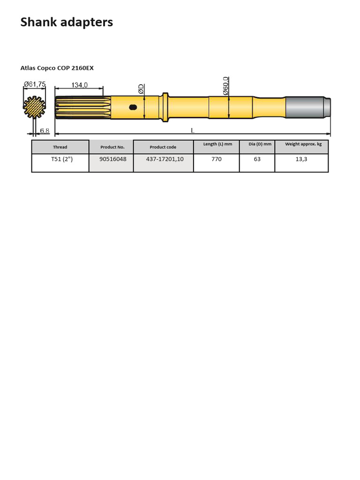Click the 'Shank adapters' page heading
(x=67, y=22)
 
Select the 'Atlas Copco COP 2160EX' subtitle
(x=57, y=68)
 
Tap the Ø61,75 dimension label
(x=35, y=84)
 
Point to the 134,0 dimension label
(x=80, y=85)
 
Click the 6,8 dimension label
(x=45, y=130)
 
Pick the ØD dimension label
(x=141, y=89)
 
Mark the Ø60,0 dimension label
(x=225, y=86)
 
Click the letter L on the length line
(x=193, y=130)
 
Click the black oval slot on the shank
(x=133, y=107)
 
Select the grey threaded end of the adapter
(x=307, y=107)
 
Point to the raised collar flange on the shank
(x=165, y=107)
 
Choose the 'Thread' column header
(x=60, y=147)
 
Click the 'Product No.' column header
(x=112, y=147)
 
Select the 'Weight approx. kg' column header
(x=303, y=144)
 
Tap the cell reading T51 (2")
(x=62, y=159)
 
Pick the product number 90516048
(x=112, y=159)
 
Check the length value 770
(x=216, y=159)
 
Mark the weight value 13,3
(x=301, y=159)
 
